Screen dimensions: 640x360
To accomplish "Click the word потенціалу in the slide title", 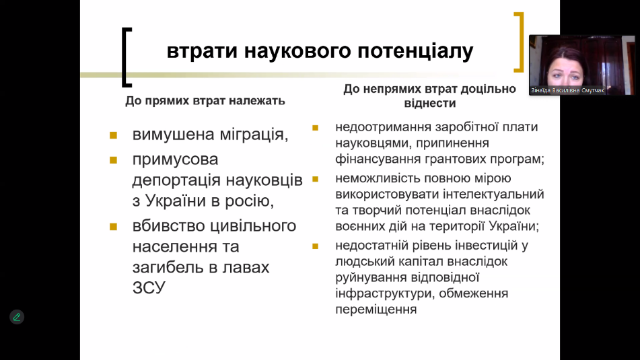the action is point(415,52).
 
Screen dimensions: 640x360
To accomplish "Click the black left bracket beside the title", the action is point(126,57).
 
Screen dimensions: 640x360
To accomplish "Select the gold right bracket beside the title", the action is point(519,42).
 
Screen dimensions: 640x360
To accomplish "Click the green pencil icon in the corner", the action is point(17,317).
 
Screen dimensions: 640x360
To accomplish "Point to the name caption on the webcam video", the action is point(567,90).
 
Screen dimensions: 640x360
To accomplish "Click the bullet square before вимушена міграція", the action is point(114,135).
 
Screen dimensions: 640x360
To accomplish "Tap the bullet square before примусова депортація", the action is point(114,160).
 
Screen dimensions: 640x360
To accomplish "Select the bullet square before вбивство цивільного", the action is point(114,227).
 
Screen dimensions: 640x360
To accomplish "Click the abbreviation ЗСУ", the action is point(149,288).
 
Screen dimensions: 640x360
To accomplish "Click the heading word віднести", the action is point(430,103).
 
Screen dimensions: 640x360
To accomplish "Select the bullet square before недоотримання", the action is point(315,128).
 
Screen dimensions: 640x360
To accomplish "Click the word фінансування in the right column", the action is point(378,159).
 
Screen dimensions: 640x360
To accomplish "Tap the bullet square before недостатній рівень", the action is point(315,246).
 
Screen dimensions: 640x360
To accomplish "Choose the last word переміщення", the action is point(376,310).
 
